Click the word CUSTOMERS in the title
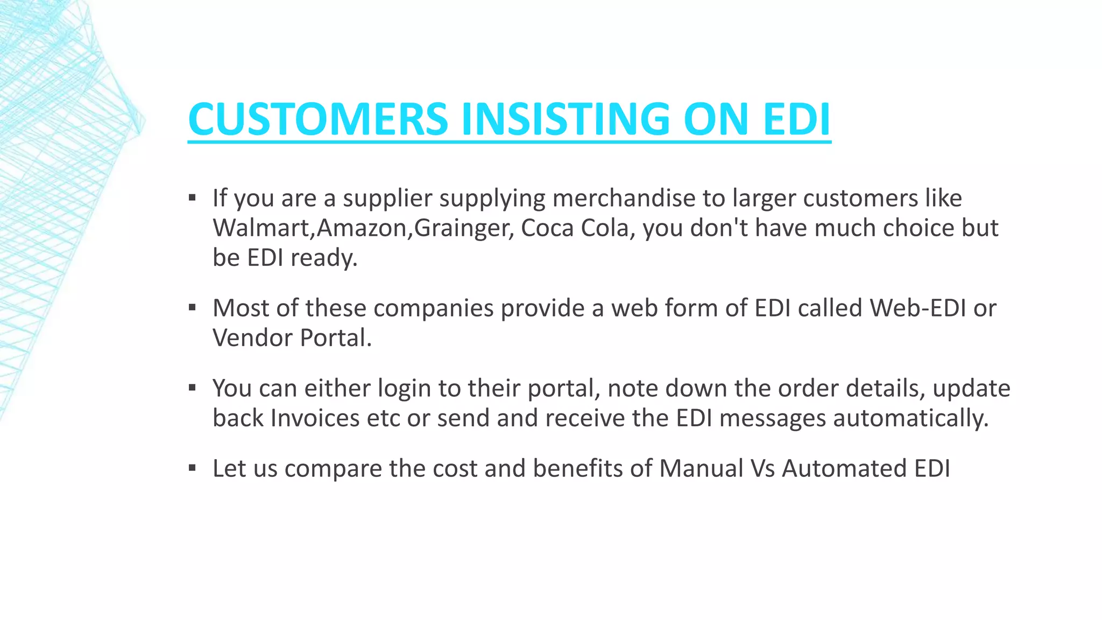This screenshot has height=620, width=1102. click(x=318, y=119)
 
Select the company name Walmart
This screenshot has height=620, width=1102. click(x=262, y=228)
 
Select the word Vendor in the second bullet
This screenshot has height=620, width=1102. click(x=252, y=338)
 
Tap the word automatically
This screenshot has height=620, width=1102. click(x=910, y=419)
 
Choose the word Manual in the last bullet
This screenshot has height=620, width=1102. click(x=701, y=468)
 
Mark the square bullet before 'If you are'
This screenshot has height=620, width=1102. click(x=192, y=198)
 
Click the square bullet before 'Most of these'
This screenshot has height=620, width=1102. click(x=192, y=308)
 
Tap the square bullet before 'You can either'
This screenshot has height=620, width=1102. click(x=192, y=388)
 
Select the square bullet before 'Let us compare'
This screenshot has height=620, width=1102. click(x=192, y=468)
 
